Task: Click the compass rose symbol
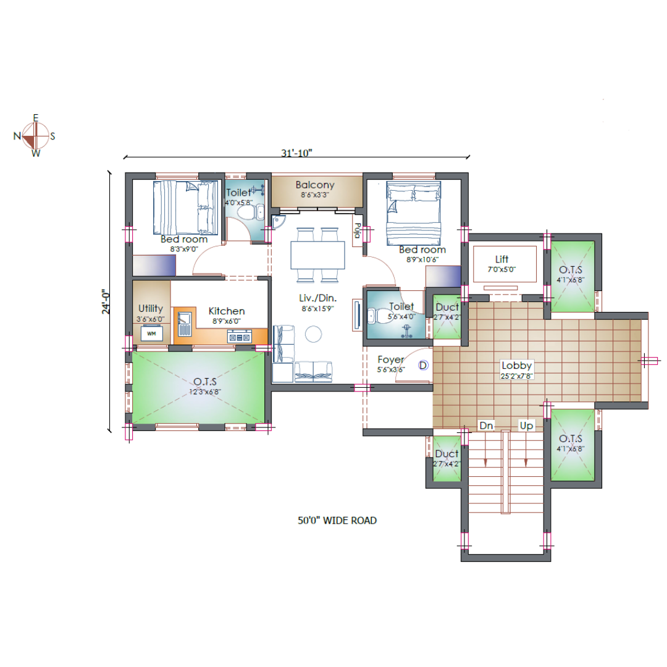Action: [x=35, y=136]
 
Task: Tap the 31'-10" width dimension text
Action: [x=296, y=153]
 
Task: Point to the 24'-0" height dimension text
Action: [x=106, y=301]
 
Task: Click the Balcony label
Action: [x=315, y=185]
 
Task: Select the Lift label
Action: [x=501, y=259]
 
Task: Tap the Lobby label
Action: [x=516, y=366]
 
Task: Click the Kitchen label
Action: [x=226, y=311]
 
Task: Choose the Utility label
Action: [x=151, y=308]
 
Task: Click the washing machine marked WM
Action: [x=151, y=333]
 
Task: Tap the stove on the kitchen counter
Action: [x=240, y=337]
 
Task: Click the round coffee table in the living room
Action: [x=314, y=334]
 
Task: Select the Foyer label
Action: [x=390, y=360]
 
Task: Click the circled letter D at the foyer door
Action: [x=423, y=365]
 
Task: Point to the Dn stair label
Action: [x=486, y=426]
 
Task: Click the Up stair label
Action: [x=526, y=426]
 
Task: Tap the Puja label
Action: [x=358, y=230]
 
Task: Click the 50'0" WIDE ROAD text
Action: [x=337, y=520]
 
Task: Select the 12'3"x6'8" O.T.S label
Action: [x=205, y=392]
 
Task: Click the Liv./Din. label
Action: [x=318, y=298]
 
